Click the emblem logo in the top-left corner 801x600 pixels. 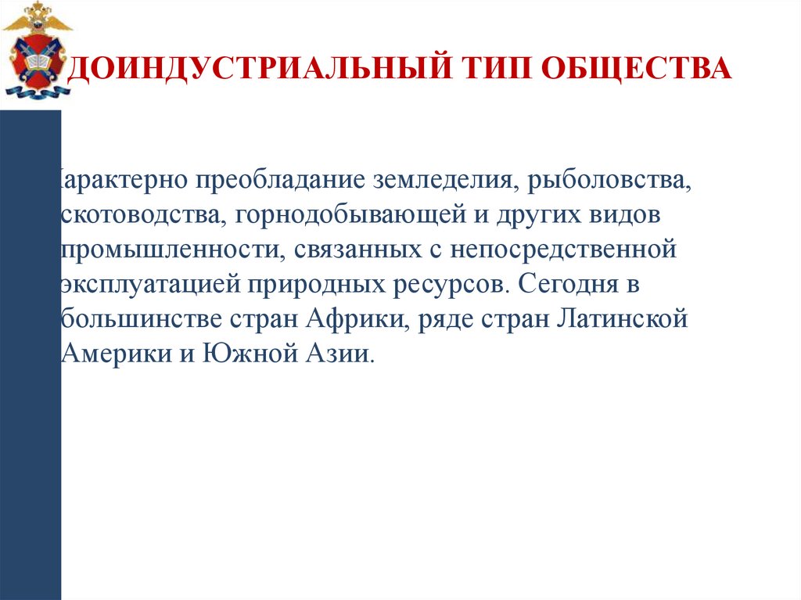tap(38, 51)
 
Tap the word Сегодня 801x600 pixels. tap(562, 283)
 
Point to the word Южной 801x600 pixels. tap(242, 352)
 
